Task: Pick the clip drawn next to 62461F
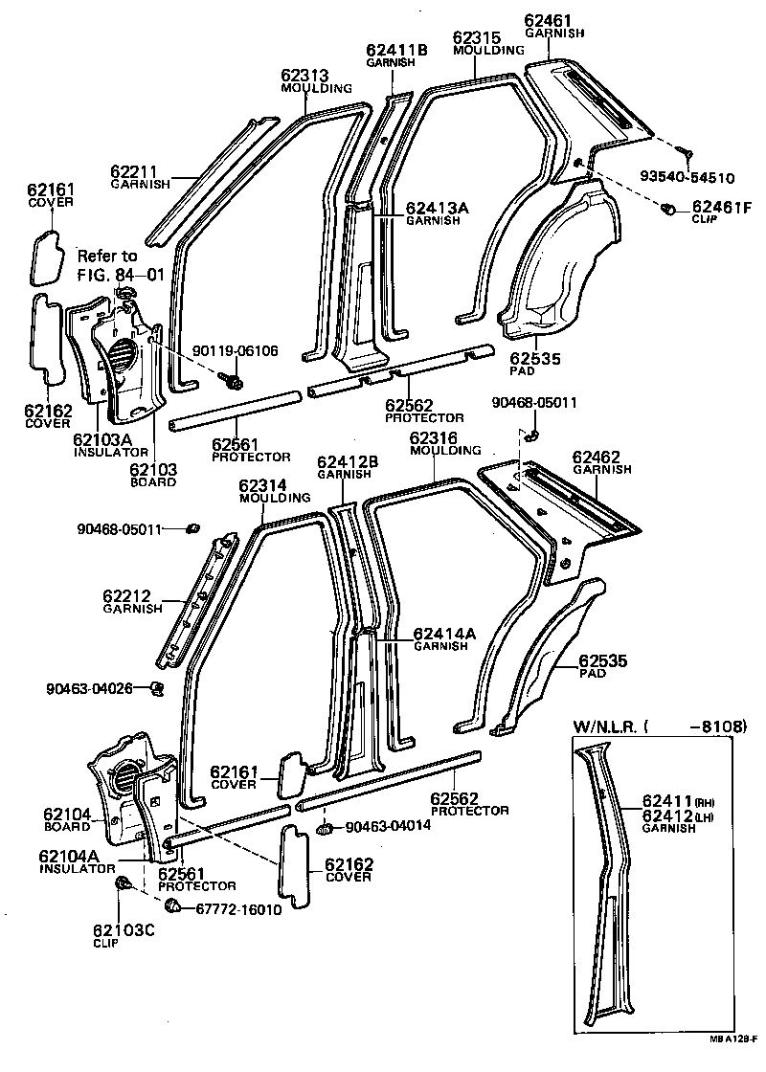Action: point(669,209)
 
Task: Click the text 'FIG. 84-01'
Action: point(123,275)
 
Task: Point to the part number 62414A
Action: point(444,634)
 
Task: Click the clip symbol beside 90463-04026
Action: point(157,687)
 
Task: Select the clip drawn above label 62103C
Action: point(123,884)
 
